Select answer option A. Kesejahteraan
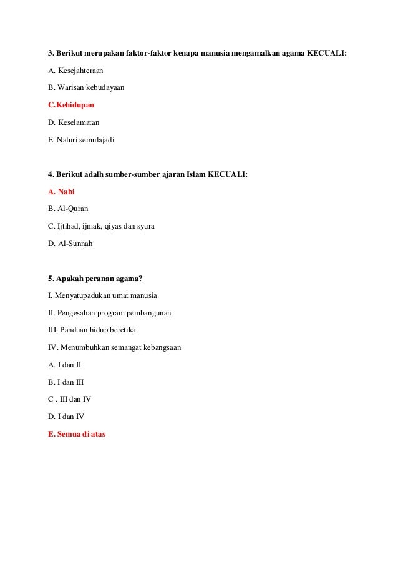coord(76,72)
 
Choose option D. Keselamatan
coord(74,123)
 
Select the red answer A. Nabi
coord(61,192)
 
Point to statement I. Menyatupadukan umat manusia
coord(102,295)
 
